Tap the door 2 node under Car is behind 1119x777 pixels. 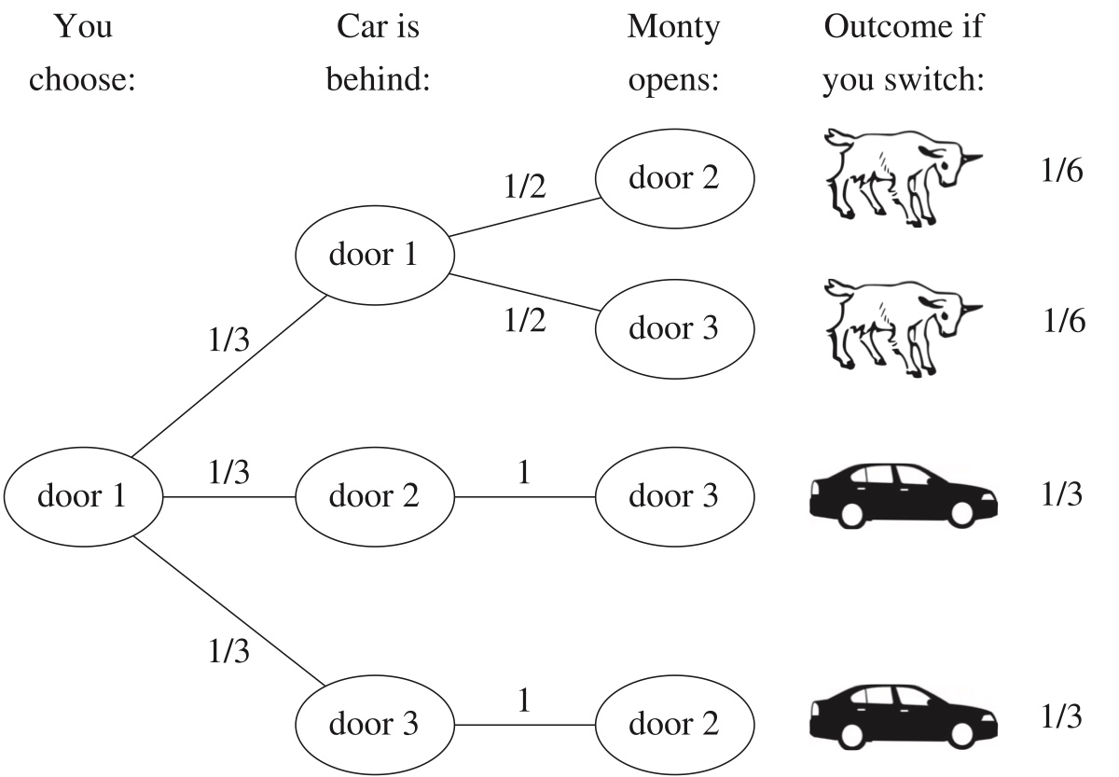point(374,496)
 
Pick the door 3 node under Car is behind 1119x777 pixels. point(374,724)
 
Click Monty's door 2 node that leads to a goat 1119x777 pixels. point(673,178)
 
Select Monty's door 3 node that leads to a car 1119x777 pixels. point(673,496)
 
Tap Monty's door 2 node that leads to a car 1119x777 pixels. point(673,724)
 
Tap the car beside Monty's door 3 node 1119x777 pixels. point(899,494)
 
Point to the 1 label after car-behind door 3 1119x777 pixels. point(524,701)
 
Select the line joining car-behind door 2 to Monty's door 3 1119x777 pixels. point(524,497)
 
